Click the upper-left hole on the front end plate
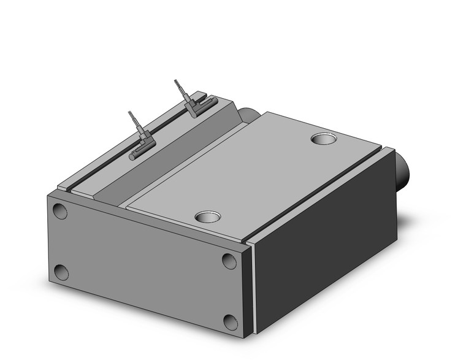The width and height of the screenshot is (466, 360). [59, 212]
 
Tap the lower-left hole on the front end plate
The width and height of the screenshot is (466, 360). [61, 272]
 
